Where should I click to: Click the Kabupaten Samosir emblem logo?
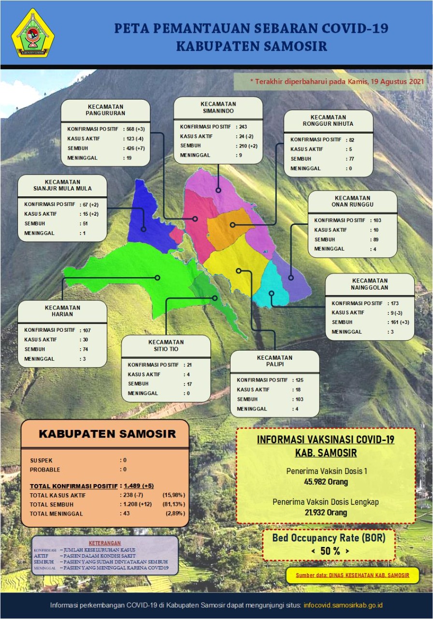coord(32,33)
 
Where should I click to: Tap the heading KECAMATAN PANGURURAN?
coord(105,110)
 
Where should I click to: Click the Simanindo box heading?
coord(218,107)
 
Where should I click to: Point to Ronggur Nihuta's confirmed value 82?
coord(351,139)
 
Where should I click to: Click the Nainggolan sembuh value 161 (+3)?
coord(399,322)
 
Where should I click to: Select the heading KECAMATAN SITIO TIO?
coord(166,345)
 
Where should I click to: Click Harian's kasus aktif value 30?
coord(85,339)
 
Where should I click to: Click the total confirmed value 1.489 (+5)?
coord(139,486)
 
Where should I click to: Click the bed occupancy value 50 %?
coord(330,551)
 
